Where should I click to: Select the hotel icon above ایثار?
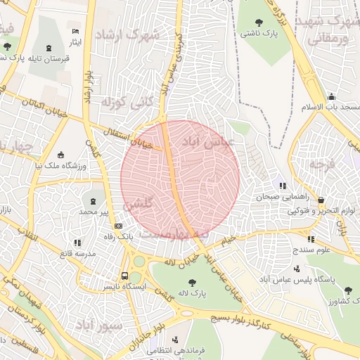tap(75, 32)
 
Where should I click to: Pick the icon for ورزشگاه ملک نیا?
tap(61, 155)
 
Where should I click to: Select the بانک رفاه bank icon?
tap(118, 226)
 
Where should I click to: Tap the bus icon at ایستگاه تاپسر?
tap(124, 276)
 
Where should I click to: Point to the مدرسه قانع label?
tap(75, 252)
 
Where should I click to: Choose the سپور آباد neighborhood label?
tap(98, 326)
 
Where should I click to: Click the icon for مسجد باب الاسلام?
tap(331, 96)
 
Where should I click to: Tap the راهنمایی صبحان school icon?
tap(282, 186)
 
